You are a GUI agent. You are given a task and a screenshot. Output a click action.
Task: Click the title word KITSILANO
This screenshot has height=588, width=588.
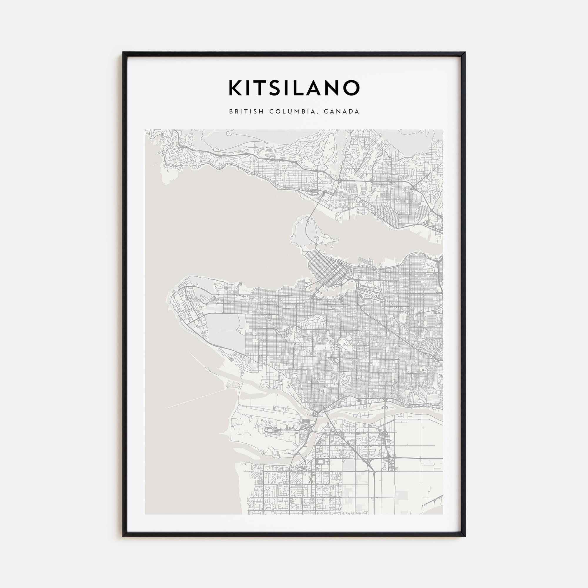coord(294,88)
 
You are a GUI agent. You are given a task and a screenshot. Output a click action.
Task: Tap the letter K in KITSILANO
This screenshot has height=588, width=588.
coord(235,88)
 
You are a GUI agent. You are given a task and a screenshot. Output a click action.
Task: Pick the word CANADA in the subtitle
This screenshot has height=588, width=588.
coord(341,112)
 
